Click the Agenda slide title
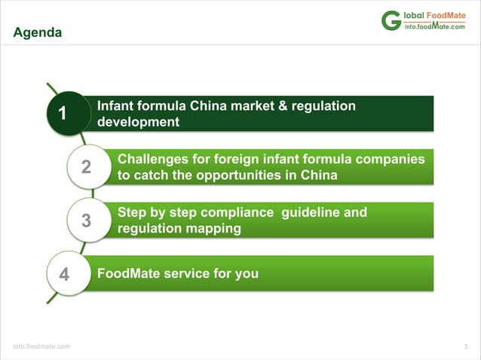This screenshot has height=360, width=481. click(x=38, y=33)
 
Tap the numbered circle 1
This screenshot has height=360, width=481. click(x=63, y=114)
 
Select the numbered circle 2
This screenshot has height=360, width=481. click(x=85, y=168)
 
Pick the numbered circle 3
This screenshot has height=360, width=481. click(x=85, y=221)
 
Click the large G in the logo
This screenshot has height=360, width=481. click(x=391, y=20)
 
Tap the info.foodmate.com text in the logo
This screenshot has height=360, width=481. click(x=435, y=26)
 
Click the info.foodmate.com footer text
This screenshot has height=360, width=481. click(x=41, y=346)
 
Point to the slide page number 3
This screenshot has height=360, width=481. click(x=466, y=346)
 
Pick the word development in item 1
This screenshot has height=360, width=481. click(x=138, y=122)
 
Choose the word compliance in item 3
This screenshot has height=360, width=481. click(x=240, y=212)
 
